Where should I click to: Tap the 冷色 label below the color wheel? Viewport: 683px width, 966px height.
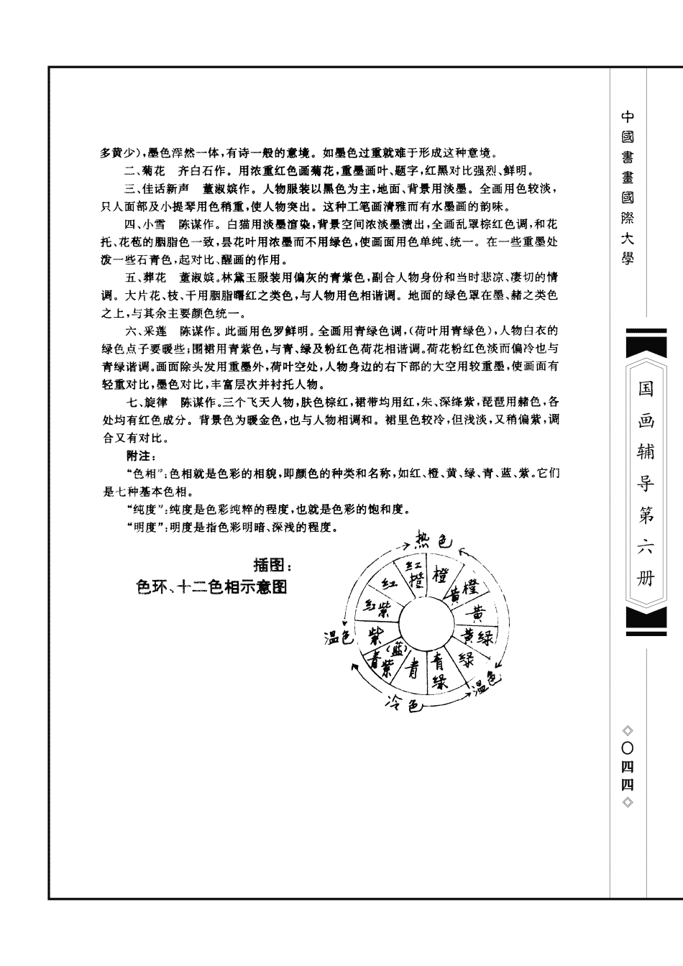pyautogui.click(x=404, y=704)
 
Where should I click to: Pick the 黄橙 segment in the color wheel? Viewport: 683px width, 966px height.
pyautogui.click(x=464, y=592)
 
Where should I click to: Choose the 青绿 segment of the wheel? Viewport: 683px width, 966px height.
pyautogui.click(x=439, y=670)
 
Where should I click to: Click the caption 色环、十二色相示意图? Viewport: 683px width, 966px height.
pyautogui.click(x=211, y=587)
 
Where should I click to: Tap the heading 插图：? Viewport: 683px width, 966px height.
pyautogui.click(x=273, y=566)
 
